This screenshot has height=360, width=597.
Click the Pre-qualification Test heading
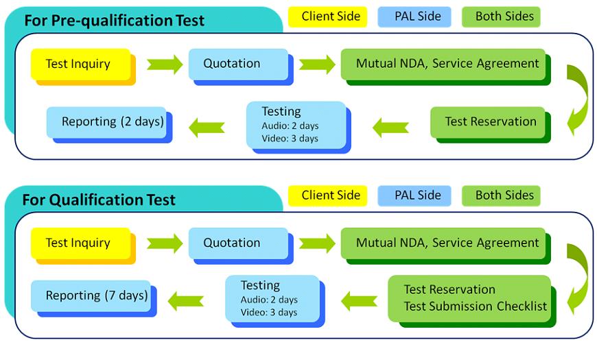114,21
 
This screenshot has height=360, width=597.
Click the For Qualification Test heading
99,200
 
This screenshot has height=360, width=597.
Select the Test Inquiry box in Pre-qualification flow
81,64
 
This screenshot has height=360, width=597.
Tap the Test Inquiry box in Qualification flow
81,243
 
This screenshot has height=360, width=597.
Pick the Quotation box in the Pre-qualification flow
238,64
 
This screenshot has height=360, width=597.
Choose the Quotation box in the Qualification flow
238,243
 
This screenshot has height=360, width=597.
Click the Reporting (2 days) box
106,122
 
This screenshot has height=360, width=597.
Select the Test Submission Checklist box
469,299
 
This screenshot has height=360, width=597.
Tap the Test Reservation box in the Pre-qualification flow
488,122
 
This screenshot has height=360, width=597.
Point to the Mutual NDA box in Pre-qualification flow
443,64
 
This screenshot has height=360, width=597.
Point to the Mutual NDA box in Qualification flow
443,243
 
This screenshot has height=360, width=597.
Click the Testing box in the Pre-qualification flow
296,125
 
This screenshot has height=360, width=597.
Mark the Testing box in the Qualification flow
272,299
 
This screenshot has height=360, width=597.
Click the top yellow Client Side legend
327,16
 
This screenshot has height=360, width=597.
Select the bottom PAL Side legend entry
414,195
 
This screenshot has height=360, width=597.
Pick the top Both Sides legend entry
501,16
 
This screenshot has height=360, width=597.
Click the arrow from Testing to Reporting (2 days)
207,127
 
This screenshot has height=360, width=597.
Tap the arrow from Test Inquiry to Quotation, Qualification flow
165,243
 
